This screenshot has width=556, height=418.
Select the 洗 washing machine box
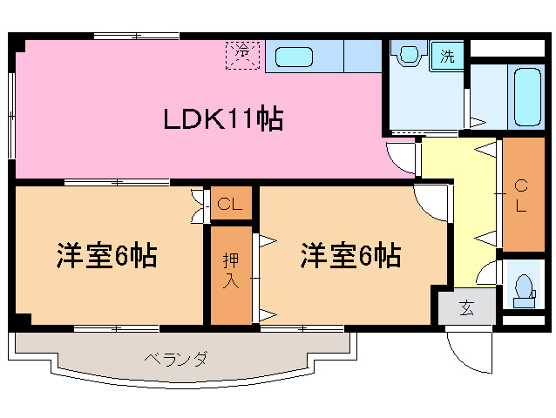[446, 57]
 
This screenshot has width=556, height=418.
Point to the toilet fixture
[523, 288]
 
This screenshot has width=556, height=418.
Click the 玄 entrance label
[466, 307]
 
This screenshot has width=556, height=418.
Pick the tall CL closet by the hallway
[521, 195]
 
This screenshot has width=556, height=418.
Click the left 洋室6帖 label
[107, 257]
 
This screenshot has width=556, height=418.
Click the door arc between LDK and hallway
[403, 158]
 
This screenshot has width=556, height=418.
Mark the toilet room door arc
[488, 272]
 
